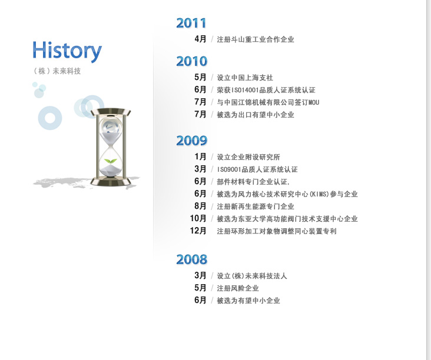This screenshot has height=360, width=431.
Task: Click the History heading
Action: (67, 51)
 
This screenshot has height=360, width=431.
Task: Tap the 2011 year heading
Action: (191, 23)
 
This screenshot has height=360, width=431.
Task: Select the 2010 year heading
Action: (191, 61)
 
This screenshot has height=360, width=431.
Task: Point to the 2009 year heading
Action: (191, 141)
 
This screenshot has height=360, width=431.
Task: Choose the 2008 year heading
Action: (191, 259)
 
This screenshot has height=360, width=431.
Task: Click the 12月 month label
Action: (198, 231)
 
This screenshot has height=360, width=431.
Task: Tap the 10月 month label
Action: (198, 218)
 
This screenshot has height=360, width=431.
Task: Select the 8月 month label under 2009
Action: (200, 206)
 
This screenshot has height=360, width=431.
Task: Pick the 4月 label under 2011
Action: (200, 39)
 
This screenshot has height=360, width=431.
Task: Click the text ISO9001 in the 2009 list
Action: (229, 169)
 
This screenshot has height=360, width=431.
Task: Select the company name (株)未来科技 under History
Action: (57, 71)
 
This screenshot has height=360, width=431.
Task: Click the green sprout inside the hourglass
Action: (111, 161)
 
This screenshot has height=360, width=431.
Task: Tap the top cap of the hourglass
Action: (111, 112)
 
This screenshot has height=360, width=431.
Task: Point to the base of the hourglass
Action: (111, 182)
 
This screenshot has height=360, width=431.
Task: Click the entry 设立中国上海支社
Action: (245, 78)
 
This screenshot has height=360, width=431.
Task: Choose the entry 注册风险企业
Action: (238, 288)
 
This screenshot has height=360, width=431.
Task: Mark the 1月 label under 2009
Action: (200, 156)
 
